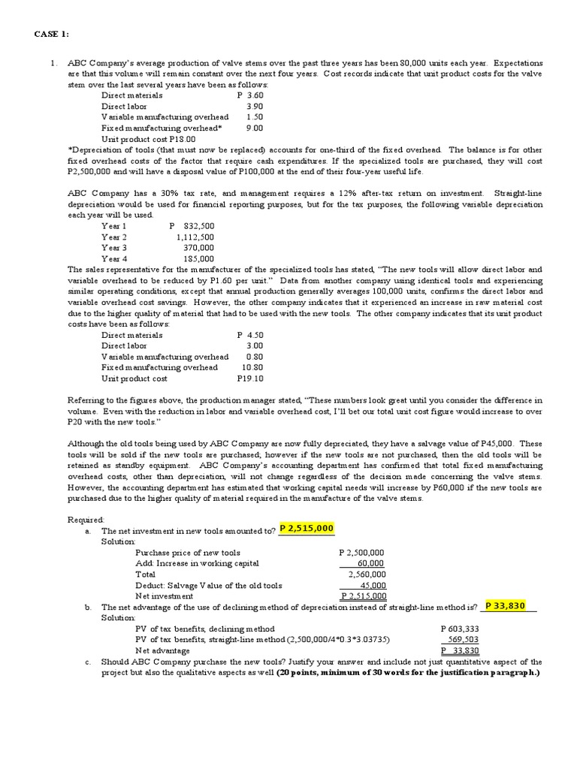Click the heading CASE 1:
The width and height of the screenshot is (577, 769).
coord(53,34)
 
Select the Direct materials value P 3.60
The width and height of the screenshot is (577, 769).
coord(250,95)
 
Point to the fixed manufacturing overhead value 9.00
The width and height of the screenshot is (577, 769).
coord(255,128)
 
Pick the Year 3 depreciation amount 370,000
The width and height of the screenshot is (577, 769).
coord(198,247)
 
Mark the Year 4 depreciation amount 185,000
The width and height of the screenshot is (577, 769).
coord(198,258)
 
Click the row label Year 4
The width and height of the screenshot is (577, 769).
coord(114,258)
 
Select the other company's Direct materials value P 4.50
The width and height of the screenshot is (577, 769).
coord(250,335)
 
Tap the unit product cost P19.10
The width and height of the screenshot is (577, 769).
coord(250,378)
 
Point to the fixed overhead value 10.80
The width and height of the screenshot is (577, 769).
coord(252,367)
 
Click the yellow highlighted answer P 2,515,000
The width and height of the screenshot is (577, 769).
coord(306,529)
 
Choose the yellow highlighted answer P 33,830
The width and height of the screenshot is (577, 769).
coord(505,605)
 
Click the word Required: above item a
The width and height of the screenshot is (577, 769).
coord(86,519)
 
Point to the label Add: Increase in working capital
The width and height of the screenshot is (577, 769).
coord(197,563)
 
